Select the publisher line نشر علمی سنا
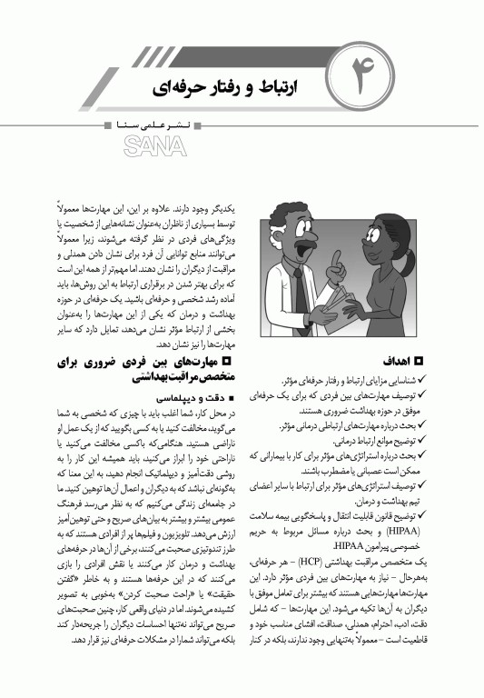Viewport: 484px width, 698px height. pos(151,121)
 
